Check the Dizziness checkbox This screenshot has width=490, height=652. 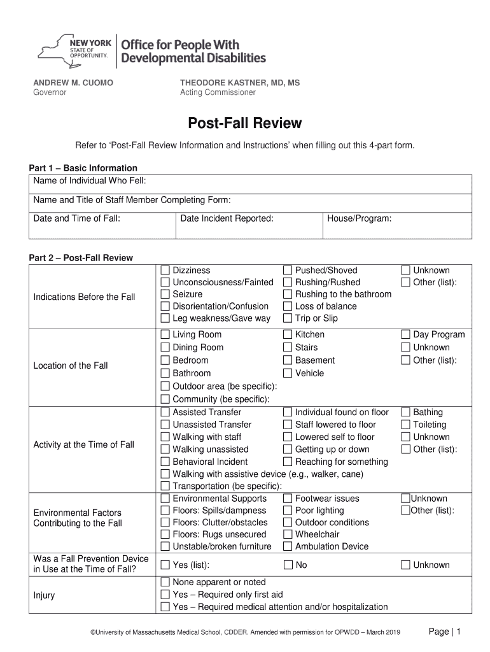165,271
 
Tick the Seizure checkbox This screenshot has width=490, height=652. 165,294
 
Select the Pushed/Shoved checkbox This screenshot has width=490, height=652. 288,271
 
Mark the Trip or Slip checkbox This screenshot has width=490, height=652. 288,318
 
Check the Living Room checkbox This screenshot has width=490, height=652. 165,335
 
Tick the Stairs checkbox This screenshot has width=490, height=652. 288,348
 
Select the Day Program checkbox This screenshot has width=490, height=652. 405,335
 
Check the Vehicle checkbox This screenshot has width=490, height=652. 288,373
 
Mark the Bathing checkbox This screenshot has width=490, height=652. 405,413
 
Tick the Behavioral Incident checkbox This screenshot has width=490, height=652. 165,462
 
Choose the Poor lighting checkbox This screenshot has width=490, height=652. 288,511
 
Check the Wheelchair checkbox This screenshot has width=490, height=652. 288,534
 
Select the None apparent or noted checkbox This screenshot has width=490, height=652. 165,583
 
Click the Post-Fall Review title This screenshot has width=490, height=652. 244,123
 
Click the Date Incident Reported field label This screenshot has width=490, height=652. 227,218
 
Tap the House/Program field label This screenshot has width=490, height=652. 359,218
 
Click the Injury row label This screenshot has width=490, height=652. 44,595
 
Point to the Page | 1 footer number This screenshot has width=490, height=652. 445,631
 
